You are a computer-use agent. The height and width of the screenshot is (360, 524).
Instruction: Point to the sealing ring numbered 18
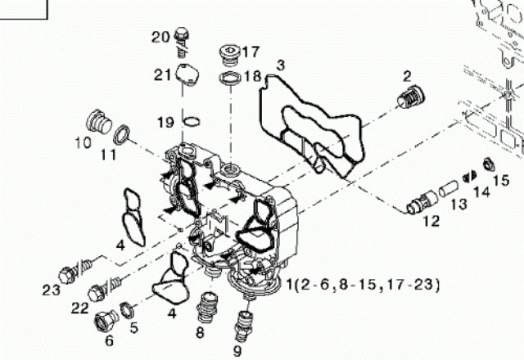[230, 80]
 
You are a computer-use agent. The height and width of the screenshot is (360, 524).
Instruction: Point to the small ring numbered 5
[127, 310]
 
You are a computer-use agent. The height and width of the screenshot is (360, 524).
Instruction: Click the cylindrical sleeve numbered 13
[449, 189]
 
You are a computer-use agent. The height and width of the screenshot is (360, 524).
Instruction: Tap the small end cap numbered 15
[489, 162]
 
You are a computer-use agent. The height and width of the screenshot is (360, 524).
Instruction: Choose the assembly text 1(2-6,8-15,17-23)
[364, 285]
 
